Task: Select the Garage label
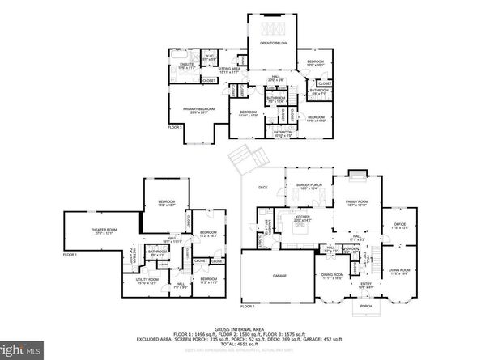tap(267, 275)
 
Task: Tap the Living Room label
tap(398, 271)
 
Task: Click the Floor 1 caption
tap(70, 255)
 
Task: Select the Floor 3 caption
tap(175, 127)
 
